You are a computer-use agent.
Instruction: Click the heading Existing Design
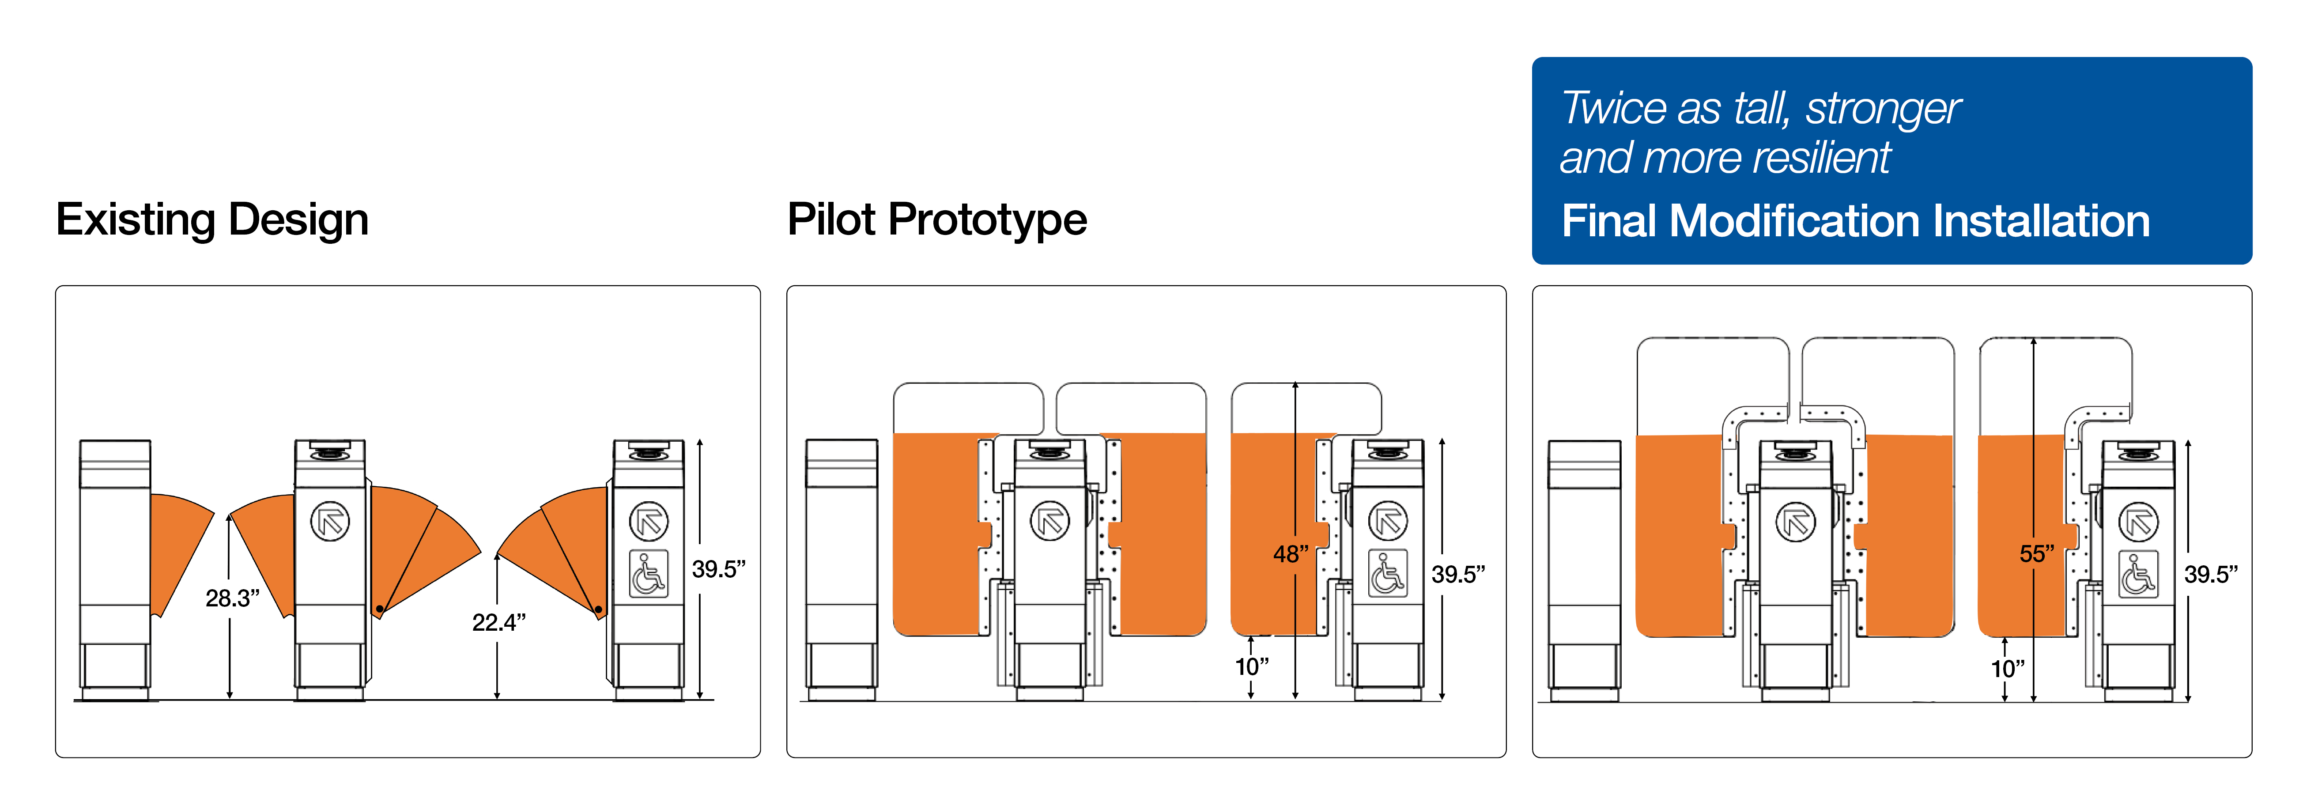pos(212,220)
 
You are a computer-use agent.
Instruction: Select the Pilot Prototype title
pos(937,220)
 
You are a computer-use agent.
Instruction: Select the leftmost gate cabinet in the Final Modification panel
pos(1584,567)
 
